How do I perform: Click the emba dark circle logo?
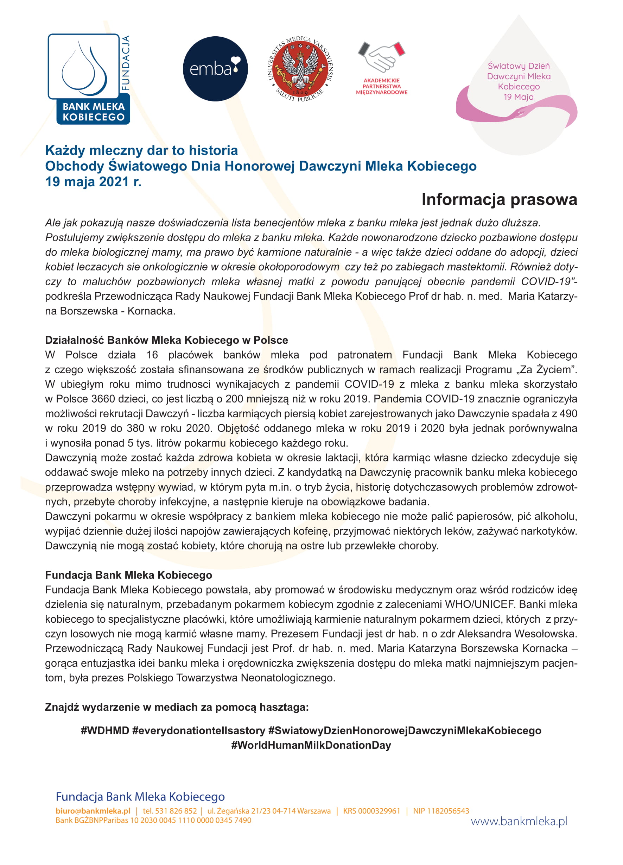[215, 69]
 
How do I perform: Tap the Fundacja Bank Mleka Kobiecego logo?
[89, 79]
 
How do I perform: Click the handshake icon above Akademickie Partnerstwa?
[381, 57]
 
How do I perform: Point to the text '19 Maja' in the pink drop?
[518, 97]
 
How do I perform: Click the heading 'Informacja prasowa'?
[499, 199]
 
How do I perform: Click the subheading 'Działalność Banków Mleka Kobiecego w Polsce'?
[166, 340]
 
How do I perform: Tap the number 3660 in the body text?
[104, 399]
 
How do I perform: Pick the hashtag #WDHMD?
[105, 730]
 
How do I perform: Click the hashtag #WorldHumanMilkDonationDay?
[311, 745]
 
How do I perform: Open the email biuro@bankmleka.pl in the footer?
[93, 811]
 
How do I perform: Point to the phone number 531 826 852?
[176, 811]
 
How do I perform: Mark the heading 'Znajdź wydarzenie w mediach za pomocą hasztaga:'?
[177, 707]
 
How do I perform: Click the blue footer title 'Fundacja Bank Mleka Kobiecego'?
[140, 796]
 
